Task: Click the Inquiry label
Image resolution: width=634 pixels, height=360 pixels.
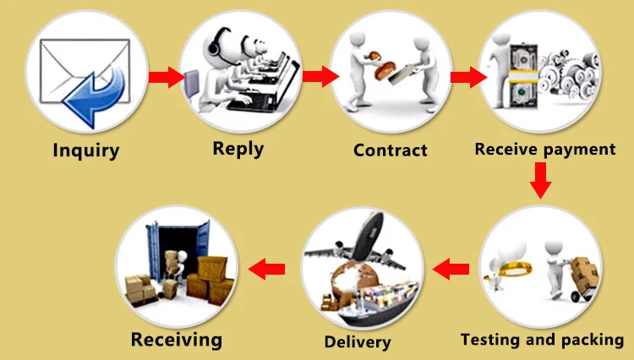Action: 86,152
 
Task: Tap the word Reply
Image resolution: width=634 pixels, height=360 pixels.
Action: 238,149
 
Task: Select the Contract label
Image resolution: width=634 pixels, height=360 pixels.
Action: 391,151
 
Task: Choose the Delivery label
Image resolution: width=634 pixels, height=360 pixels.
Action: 358,342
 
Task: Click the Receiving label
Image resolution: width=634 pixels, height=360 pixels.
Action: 177,341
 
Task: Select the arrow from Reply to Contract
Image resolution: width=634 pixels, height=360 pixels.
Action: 316,78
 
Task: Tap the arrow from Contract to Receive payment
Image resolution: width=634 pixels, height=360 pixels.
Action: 466,78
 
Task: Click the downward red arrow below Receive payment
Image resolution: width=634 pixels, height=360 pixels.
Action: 542,180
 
